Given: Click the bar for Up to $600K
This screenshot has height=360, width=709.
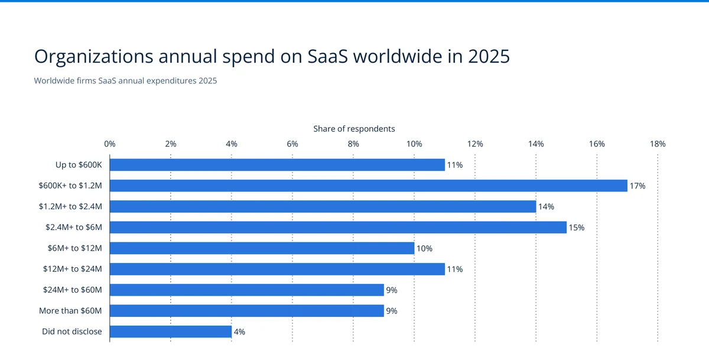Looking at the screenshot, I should pos(277,165).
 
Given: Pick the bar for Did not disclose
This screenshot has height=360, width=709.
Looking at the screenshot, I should pos(171,332).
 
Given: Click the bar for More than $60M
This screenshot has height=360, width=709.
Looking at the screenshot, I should pos(247,311).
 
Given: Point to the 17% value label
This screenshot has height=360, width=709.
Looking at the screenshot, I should pos(638,186).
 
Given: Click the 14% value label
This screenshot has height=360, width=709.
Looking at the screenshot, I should pos(546,207).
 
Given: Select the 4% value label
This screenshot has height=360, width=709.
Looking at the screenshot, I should pos(239,332).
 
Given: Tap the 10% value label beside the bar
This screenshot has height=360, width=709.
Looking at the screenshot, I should pos(424,249).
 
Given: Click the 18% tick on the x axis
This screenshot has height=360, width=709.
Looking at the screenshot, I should pos(658,144).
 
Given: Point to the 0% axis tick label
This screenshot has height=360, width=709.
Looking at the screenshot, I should pos(110,144).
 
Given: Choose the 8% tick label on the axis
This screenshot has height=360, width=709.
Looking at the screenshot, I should pos(353,144).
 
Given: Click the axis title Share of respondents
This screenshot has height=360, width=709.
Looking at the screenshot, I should pos(354,129).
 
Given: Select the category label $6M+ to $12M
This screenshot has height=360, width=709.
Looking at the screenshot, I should pos(75,248).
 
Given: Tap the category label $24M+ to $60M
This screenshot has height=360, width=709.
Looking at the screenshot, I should pos(73,290).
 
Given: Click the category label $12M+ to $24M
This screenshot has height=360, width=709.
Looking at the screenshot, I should pos(73,269).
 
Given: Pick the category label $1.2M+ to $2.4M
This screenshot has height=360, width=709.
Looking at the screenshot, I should pos(70,206).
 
